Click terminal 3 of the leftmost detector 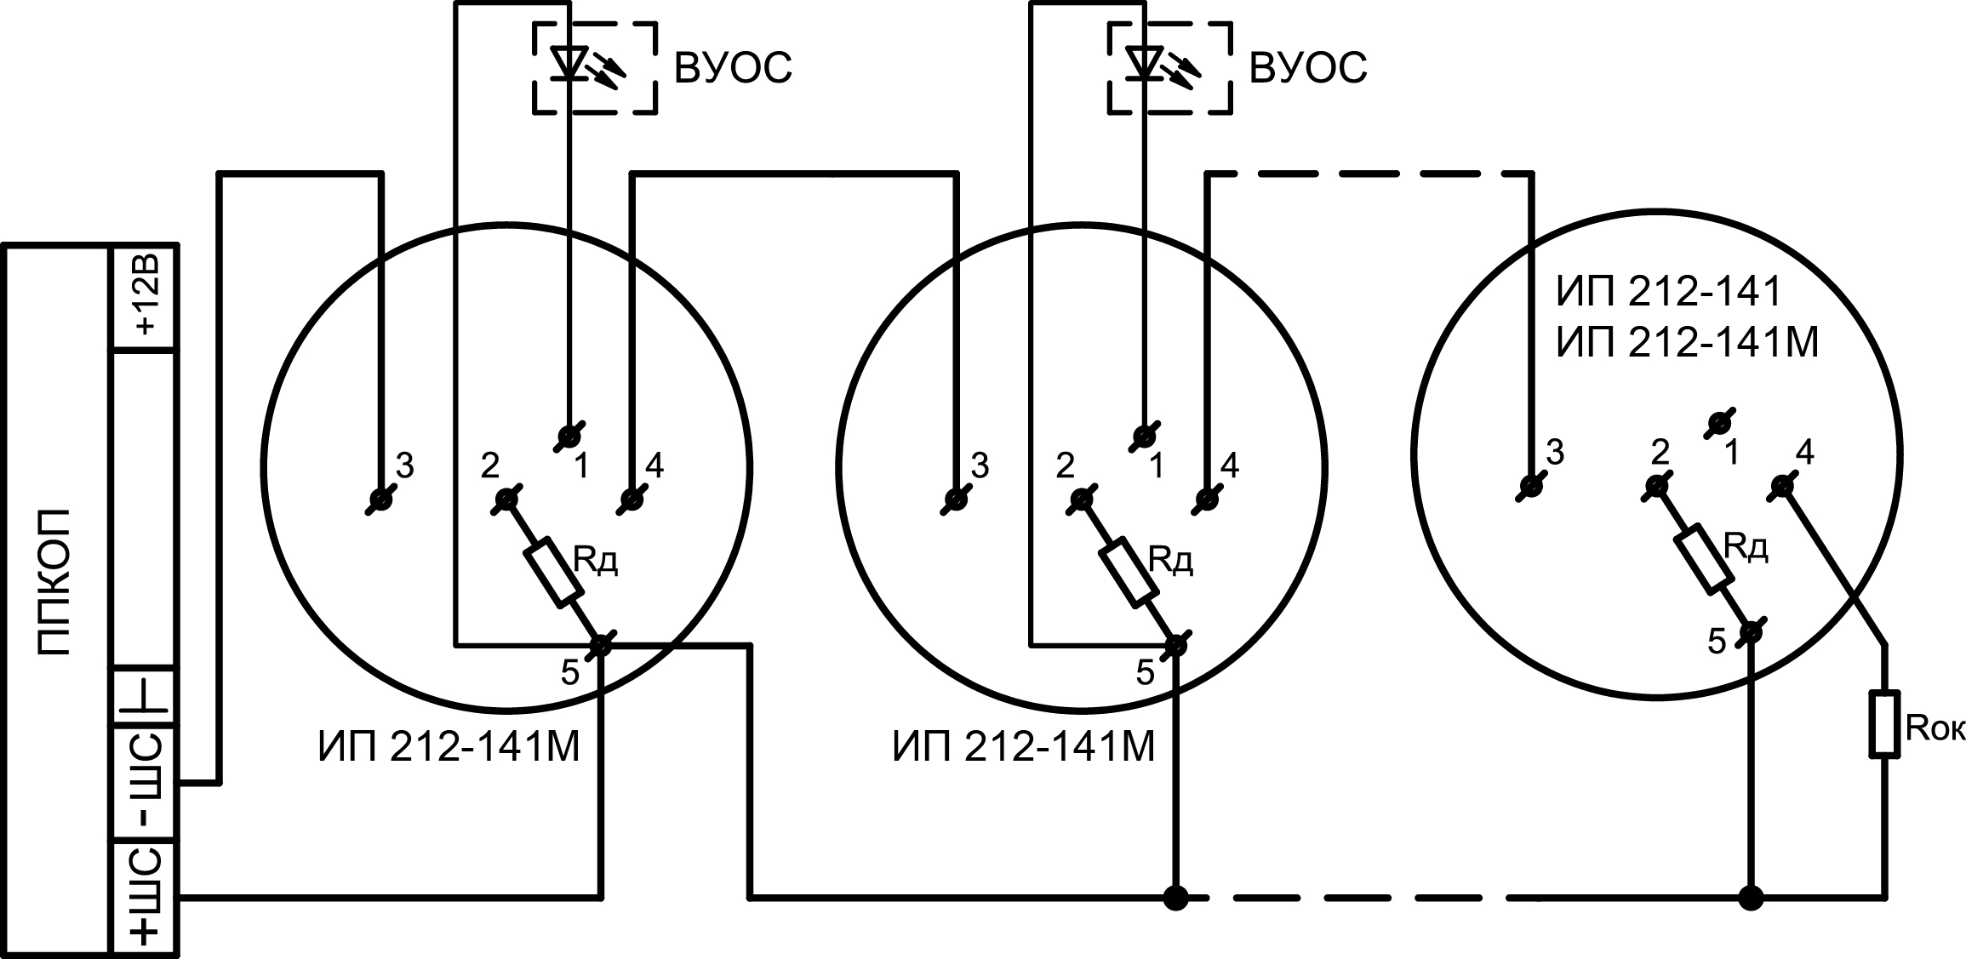pyautogui.click(x=381, y=499)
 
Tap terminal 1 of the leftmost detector pyautogui.click(x=568, y=437)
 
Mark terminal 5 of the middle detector pyautogui.click(x=1175, y=645)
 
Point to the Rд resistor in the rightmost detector pyautogui.click(x=1705, y=559)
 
